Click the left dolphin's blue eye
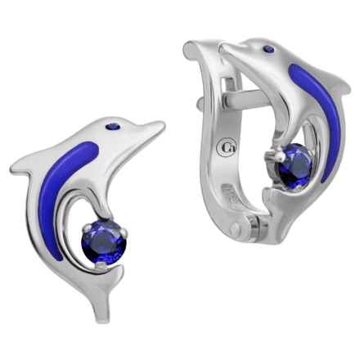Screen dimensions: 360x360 tap(113, 126)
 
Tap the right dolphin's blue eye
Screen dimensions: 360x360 tap(269, 49)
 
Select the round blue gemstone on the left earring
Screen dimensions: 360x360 tap(104, 243)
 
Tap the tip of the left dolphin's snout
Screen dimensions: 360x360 tap(163, 125)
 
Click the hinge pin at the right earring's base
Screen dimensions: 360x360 tap(234, 227)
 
